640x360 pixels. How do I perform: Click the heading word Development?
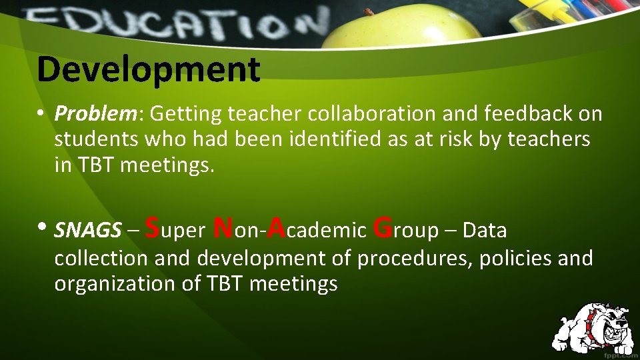(x=148, y=70)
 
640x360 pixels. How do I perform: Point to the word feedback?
(x=516, y=115)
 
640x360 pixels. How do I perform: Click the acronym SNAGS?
(x=87, y=231)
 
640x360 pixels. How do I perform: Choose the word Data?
(x=485, y=231)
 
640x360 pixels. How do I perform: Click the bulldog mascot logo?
(x=593, y=327)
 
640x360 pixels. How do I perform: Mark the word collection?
(x=102, y=259)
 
